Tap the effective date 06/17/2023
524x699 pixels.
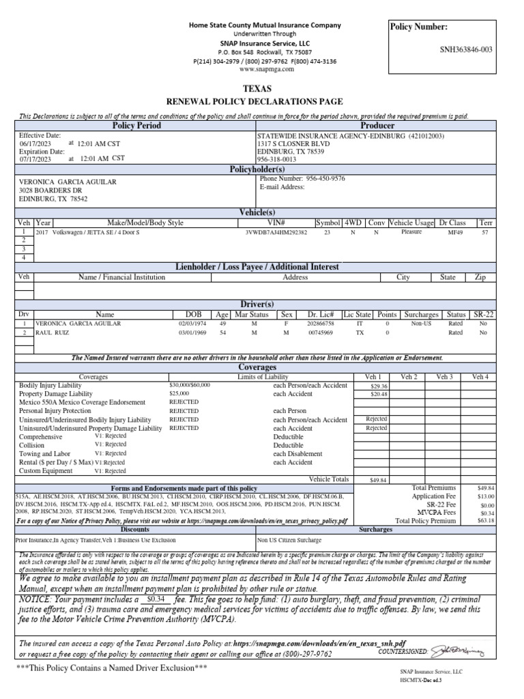pos(35,144)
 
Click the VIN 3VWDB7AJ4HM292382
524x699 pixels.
pos(276,232)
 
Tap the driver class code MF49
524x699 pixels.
pos(454,232)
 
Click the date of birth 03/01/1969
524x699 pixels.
pos(192,332)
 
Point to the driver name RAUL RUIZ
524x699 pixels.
pos(55,332)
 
